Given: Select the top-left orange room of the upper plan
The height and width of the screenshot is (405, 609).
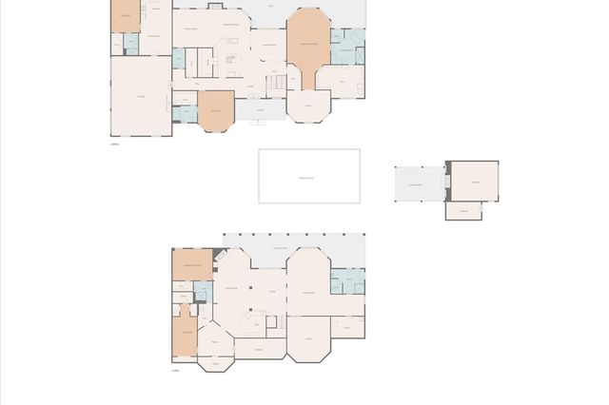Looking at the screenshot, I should [125, 16].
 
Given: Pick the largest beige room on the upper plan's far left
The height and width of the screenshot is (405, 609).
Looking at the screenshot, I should [141, 95].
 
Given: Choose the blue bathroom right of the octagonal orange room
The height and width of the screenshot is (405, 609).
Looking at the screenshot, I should [346, 44].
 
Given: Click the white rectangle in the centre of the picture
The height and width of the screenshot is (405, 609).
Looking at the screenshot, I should [309, 176].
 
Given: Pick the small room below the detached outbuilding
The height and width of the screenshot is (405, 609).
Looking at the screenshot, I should [462, 210].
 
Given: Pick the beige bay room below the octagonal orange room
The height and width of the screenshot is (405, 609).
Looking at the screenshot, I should [306, 106].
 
